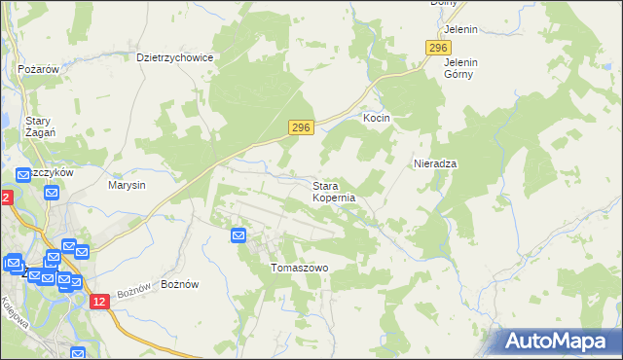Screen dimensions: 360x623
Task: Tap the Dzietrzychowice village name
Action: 175,57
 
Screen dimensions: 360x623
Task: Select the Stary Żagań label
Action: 40,126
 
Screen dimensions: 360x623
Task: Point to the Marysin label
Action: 127,185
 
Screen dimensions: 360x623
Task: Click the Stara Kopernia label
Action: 334,191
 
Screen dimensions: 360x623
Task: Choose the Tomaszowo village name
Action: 299,268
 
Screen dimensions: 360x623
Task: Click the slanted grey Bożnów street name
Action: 134,290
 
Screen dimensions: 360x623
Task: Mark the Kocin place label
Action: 377,118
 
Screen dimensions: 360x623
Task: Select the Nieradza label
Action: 435,163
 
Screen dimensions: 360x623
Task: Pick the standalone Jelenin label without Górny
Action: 460,29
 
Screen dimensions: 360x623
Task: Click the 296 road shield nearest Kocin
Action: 301,127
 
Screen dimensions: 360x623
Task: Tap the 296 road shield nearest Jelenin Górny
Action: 438,48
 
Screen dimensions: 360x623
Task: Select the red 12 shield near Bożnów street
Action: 99,303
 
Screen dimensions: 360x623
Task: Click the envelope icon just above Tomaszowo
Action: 238,234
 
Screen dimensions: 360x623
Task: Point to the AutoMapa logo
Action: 556,342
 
